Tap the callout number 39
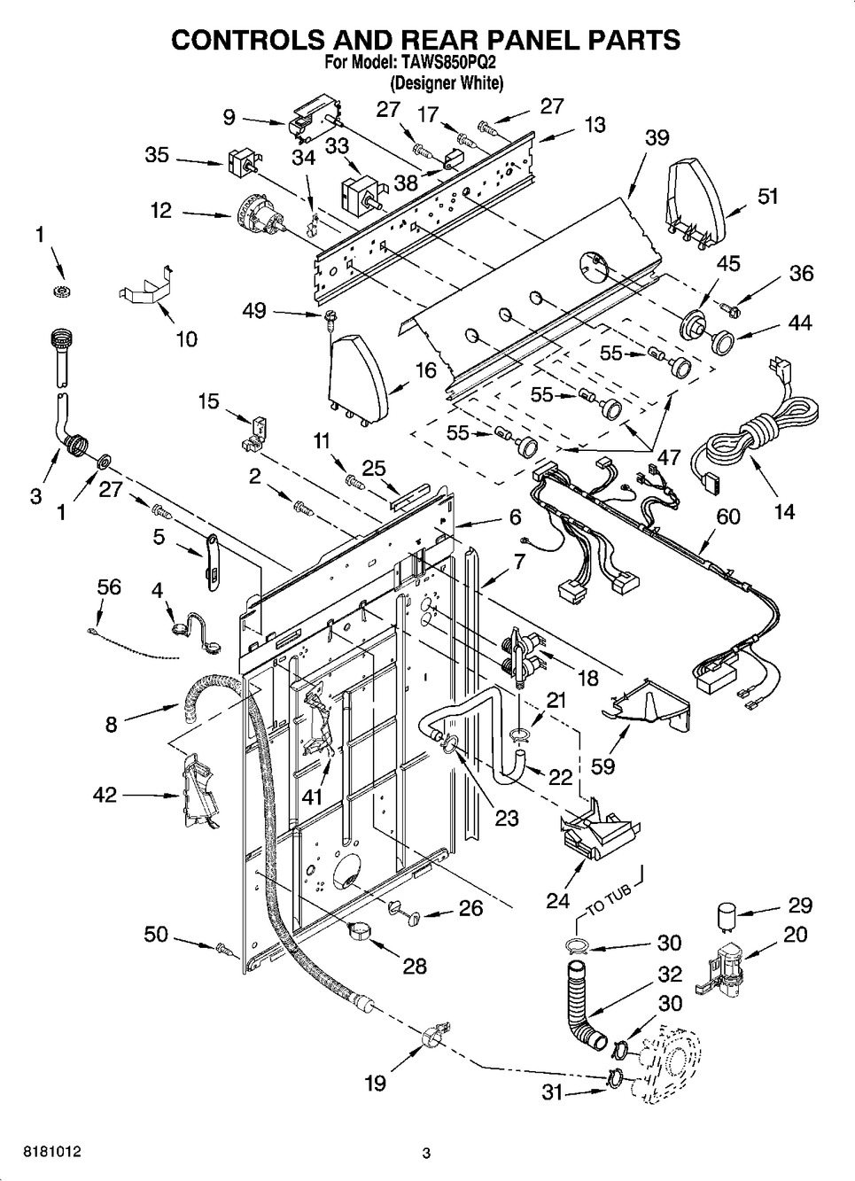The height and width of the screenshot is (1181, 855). point(657,138)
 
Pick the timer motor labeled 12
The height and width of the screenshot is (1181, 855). point(261,217)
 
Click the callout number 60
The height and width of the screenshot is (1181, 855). point(727,517)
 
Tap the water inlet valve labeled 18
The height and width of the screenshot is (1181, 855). point(524,656)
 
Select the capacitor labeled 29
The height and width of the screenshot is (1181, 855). point(726,913)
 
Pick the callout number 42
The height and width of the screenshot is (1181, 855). point(105,795)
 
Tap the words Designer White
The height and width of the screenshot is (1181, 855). point(447,84)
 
